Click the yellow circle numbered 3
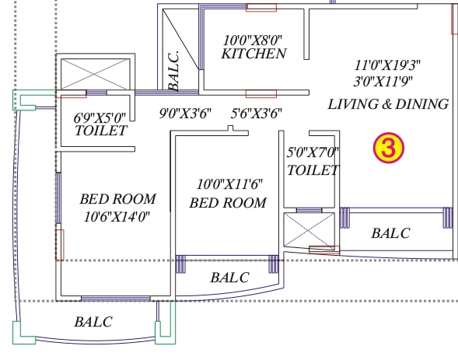(389, 148)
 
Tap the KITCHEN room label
(253, 54)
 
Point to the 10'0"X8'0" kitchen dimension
(253, 40)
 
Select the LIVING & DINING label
(388, 104)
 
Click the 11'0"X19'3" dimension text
(387, 65)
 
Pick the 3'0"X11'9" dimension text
(383, 82)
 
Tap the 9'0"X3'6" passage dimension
(185, 114)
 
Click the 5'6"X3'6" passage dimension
(257, 114)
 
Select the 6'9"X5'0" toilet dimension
(100, 118)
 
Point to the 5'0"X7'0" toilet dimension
(313, 152)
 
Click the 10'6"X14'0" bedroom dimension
(117, 217)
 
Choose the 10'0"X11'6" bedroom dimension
(229, 184)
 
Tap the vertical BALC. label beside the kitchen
(173, 72)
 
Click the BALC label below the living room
(391, 233)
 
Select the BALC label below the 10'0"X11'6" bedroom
(230, 278)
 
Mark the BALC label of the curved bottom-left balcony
(93, 322)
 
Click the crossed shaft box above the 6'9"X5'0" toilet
(95, 74)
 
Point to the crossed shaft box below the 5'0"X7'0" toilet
(309, 231)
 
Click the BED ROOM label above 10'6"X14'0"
(118, 199)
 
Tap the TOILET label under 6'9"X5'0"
(101, 131)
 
